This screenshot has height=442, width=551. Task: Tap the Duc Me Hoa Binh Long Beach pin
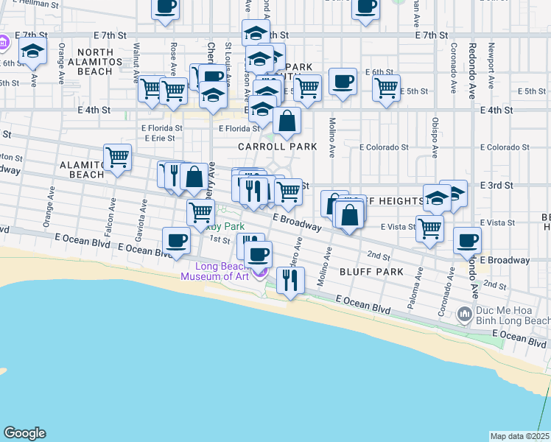pyautogui.click(x=463, y=315)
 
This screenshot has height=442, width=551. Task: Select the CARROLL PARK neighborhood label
pyautogui.click(x=277, y=147)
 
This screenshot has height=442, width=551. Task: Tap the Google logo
pyautogui.click(x=24, y=433)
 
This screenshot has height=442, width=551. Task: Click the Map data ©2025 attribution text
pyautogui.click(x=519, y=436)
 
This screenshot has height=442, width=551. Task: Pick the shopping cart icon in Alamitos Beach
pyautogui.click(x=117, y=158)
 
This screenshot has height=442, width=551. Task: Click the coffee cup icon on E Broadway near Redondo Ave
pyautogui.click(x=466, y=239)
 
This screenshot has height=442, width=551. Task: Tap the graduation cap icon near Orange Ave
pyautogui.click(x=32, y=52)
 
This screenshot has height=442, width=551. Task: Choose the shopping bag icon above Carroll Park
pyautogui.click(x=287, y=120)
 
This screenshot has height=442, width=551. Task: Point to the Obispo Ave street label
pyautogui.click(x=435, y=136)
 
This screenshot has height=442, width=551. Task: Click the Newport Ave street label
pyautogui.click(x=489, y=47)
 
